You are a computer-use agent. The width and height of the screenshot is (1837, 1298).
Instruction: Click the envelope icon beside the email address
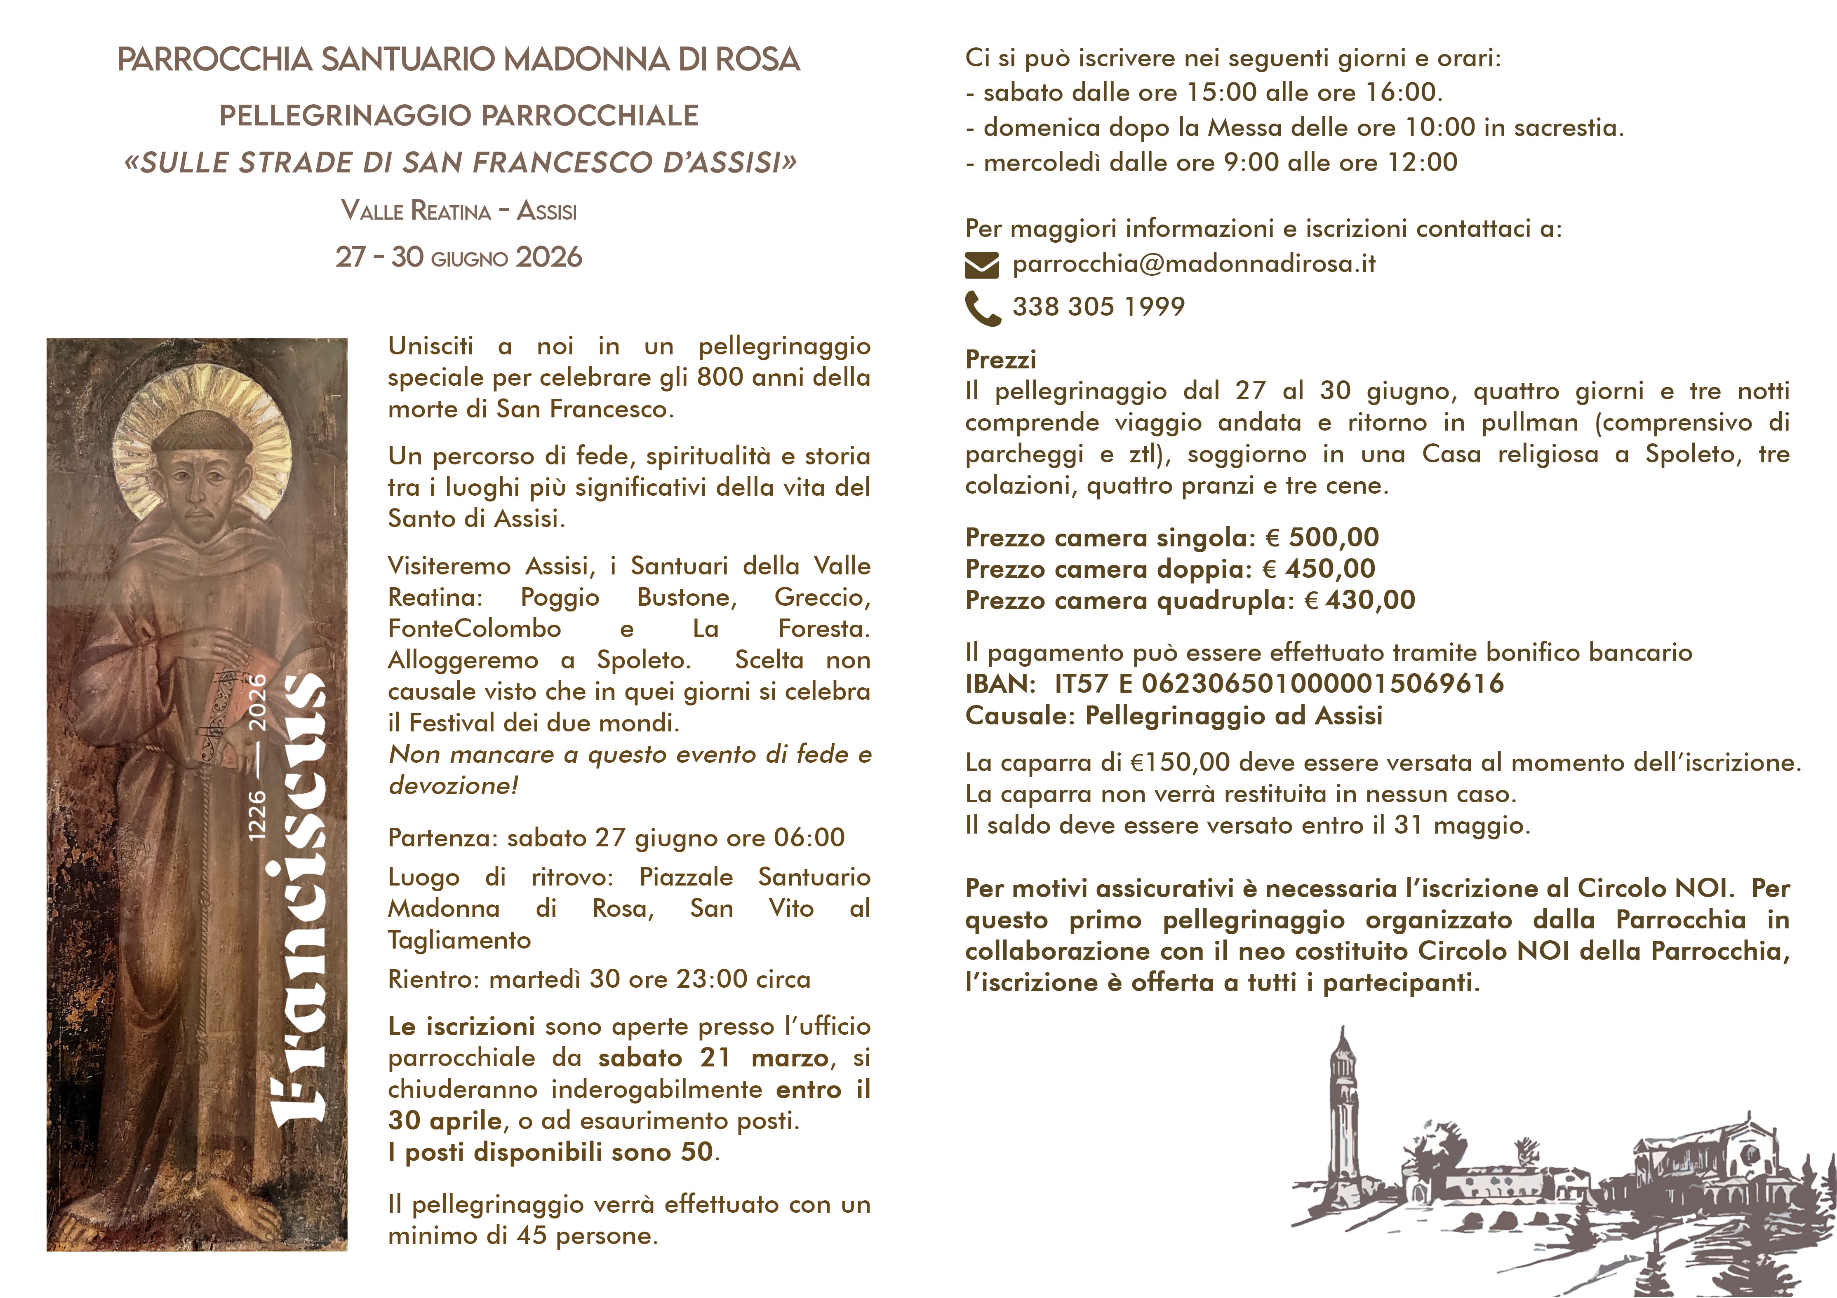982,265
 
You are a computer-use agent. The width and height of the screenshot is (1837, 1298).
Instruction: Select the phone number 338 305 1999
1098,306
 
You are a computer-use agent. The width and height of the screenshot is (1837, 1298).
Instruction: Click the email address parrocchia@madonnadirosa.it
1194,264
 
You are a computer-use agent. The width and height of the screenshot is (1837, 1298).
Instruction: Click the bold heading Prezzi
1000,360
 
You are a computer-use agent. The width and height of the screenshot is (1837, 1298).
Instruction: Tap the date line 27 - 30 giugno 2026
459,258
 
